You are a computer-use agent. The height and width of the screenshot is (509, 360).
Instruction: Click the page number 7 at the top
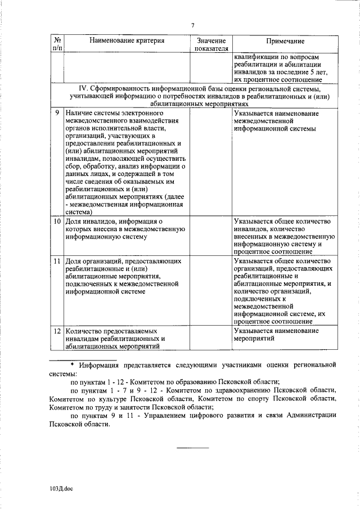192,25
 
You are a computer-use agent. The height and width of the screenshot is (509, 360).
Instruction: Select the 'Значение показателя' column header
211,45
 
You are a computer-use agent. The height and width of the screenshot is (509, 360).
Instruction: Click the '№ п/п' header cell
57,45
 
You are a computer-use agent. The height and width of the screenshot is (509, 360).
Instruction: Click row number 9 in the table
57,114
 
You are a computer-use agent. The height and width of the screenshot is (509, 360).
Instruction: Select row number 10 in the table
57,221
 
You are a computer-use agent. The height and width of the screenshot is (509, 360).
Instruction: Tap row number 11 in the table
57,262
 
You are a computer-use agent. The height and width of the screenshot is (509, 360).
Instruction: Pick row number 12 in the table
57,331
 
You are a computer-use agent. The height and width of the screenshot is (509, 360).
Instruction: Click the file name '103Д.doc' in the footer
61,490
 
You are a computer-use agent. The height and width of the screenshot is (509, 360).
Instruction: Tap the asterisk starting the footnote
73,365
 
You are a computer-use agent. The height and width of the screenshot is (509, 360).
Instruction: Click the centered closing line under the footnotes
193,447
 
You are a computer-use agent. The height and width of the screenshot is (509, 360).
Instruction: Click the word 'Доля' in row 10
73,221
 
